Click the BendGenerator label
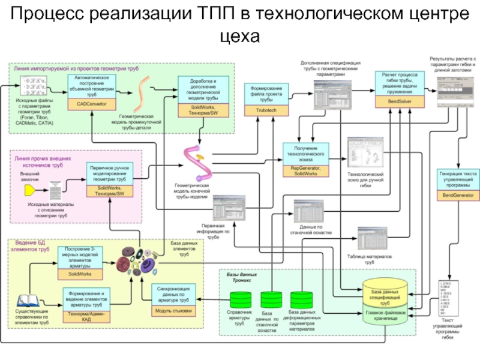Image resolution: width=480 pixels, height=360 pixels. [458, 196]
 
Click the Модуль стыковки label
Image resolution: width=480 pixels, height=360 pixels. [173, 311]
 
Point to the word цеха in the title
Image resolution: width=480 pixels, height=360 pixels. [239, 37]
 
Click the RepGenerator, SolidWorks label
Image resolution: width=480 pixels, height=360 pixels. [306, 171]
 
